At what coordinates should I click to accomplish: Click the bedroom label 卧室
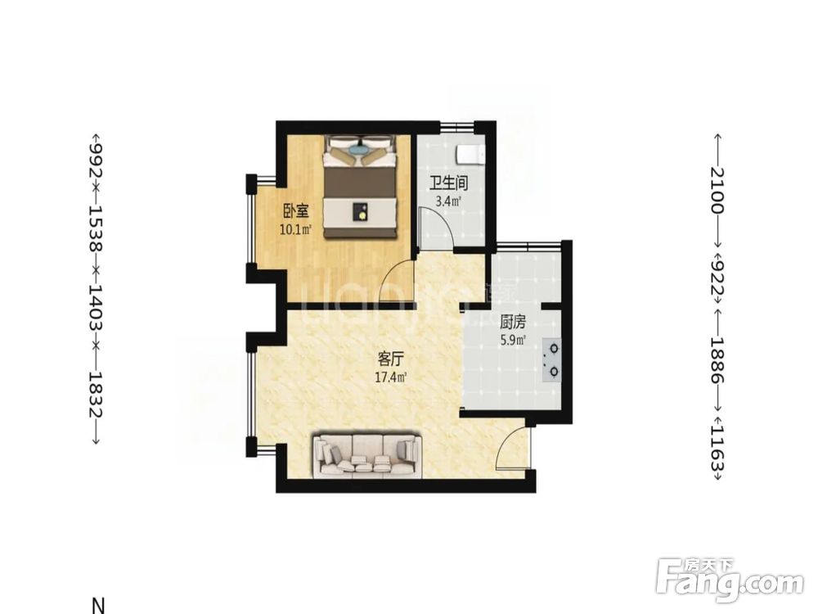pyautogui.click(x=296, y=211)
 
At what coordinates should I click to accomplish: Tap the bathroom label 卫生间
pyautogui.click(x=448, y=183)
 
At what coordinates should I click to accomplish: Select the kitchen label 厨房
pyautogui.click(x=513, y=322)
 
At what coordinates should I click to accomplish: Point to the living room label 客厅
pyautogui.click(x=391, y=359)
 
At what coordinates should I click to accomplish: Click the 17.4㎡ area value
pyautogui.click(x=391, y=377)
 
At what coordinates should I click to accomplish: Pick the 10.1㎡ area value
pyautogui.click(x=296, y=229)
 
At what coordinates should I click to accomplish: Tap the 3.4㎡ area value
pyautogui.click(x=448, y=201)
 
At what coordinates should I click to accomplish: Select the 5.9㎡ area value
pyautogui.click(x=513, y=341)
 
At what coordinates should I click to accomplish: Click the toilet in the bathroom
pyautogui.click(x=470, y=155)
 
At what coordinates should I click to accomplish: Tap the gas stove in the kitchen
pyautogui.click(x=552, y=359)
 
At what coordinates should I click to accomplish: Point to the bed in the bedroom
pyautogui.click(x=361, y=187)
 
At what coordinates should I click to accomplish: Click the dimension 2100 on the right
pyautogui.click(x=717, y=191)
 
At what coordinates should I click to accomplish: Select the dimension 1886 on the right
pyautogui.click(x=717, y=359)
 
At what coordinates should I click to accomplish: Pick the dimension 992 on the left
pyautogui.click(x=96, y=156)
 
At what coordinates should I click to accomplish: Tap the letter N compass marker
pyautogui.click(x=98, y=606)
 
